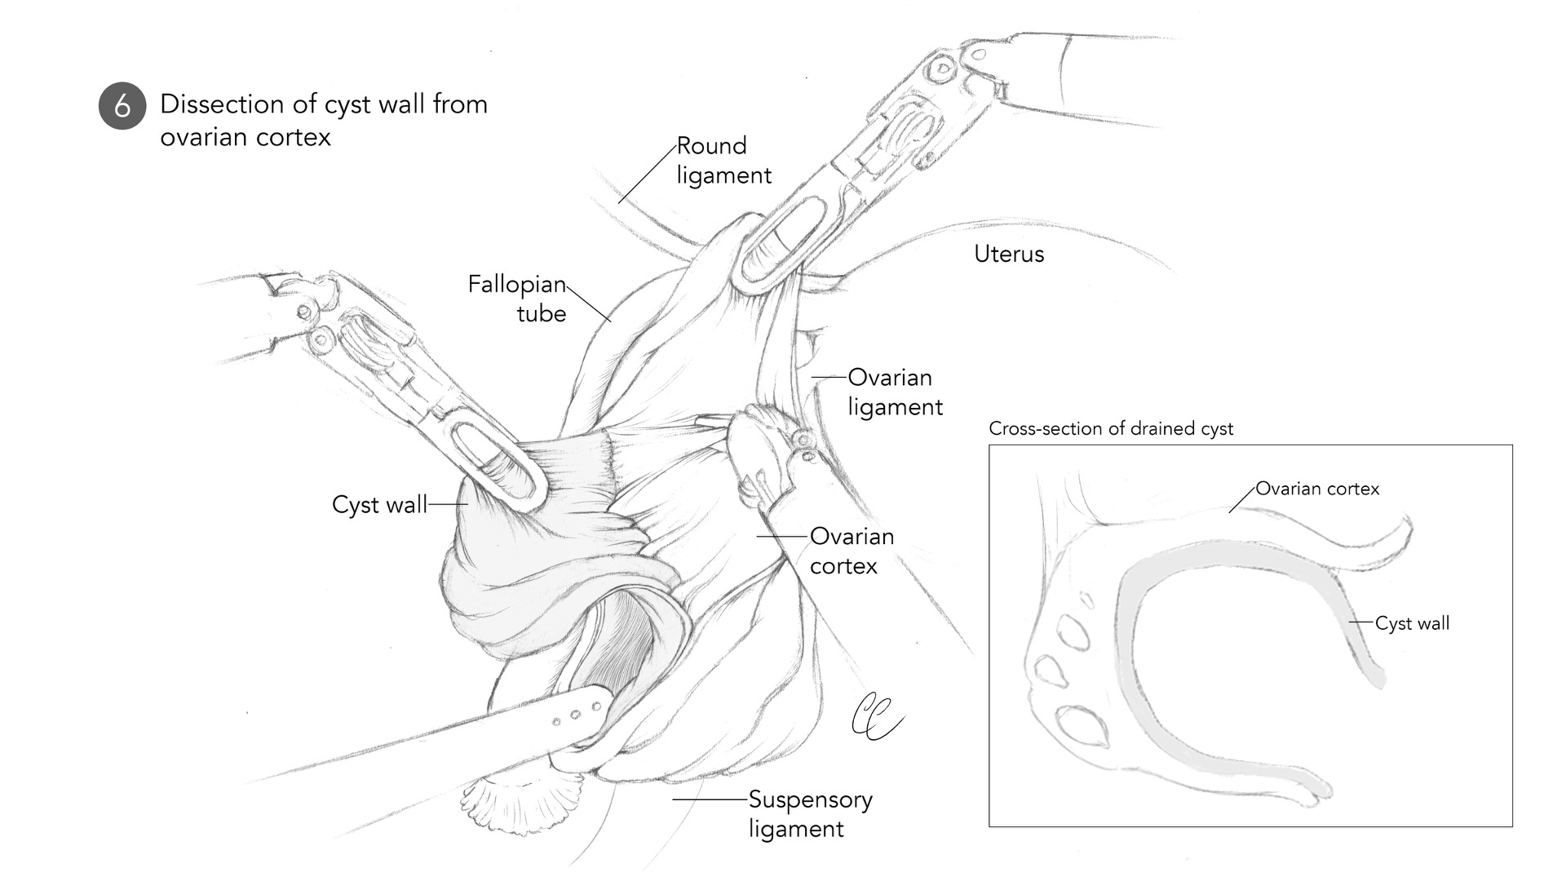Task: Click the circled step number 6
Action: tap(122, 106)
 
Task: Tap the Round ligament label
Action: tap(723, 161)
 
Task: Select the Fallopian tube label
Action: tap(517, 299)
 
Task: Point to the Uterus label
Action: tap(1009, 254)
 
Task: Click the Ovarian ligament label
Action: tap(895, 392)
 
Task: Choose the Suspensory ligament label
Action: tap(810, 814)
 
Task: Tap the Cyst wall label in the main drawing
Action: tap(379, 505)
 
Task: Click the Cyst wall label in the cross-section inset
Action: tap(1412, 624)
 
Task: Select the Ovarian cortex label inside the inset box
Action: tap(1317, 489)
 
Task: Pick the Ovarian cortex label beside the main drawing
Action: tap(852, 551)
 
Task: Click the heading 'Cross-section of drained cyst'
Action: tap(1111, 428)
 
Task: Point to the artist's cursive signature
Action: tap(874, 717)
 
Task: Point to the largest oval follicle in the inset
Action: tap(1082, 725)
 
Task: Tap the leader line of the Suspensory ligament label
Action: tap(710, 799)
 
